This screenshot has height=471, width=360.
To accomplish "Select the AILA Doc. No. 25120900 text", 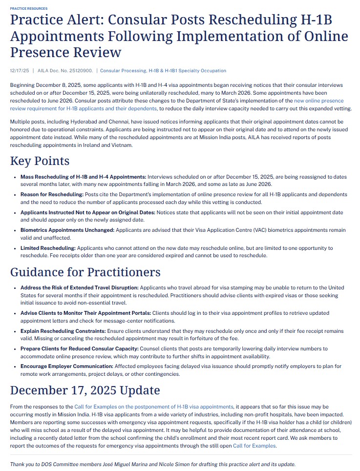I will point(65,71).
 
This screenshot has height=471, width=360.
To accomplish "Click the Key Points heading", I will point(40,161).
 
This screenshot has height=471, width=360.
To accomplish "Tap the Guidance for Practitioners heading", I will point(85,272).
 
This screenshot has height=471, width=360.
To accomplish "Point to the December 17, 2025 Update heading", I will point(85,390).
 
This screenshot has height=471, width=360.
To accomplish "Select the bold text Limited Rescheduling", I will point(48,248).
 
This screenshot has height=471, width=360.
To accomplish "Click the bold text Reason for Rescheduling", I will point(52,194).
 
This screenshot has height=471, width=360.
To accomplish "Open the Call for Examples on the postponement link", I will point(153,407).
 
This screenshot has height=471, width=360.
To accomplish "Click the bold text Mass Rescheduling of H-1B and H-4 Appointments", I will point(83,176).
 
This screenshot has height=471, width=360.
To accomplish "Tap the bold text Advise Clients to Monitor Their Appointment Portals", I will point(86,312).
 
